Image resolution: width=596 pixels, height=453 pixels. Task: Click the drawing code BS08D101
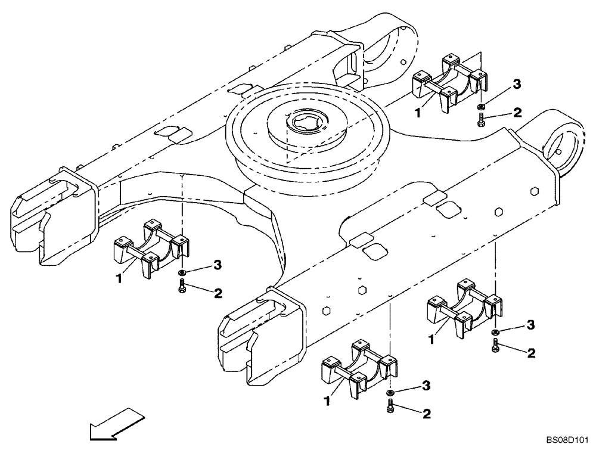pyautogui.click(x=566, y=442)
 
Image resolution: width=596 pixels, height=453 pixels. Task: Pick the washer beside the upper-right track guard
pyautogui.click(x=480, y=106)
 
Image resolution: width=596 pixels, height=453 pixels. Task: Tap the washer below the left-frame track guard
pyautogui.click(x=182, y=272)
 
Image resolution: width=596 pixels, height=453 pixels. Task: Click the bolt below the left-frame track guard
pyautogui.click(x=182, y=287)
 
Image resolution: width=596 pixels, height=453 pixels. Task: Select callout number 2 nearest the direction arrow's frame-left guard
pyautogui.click(x=218, y=293)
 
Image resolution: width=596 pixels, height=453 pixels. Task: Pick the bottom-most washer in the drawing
pyautogui.click(x=389, y=393)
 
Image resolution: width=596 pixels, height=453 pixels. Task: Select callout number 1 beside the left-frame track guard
pyautogui.click(x=119, y=278)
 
